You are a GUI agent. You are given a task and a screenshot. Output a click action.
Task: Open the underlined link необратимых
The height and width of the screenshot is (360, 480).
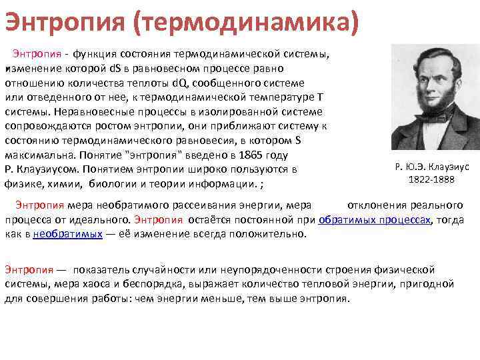(67, 234)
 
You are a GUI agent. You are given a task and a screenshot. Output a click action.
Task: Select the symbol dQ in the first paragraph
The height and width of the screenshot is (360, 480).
(180, 83)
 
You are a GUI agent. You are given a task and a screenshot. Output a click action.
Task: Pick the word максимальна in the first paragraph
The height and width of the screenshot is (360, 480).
(39, 155)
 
